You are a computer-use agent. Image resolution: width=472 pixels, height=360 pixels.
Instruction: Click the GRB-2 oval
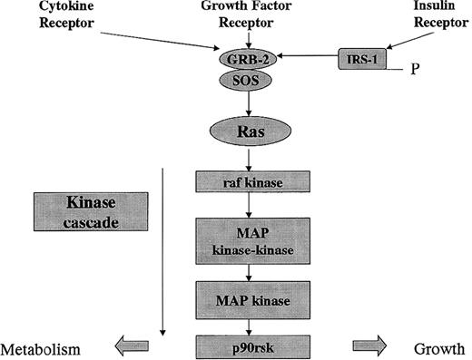(x=240, y=60)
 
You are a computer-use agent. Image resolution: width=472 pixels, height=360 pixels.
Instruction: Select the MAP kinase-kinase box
(x=240, y=240)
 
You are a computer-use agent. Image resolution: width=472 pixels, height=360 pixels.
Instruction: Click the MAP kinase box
(x=240, y=296)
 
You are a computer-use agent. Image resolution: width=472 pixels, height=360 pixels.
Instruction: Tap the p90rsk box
(x=240, y=346)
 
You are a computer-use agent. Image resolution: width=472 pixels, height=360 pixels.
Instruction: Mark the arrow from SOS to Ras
(x=240, y=101)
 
